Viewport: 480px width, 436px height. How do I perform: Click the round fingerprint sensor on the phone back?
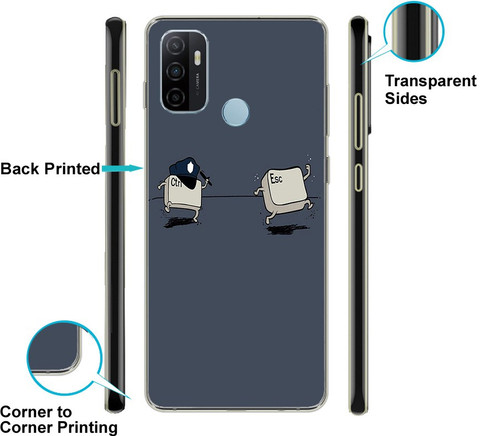[235, 112]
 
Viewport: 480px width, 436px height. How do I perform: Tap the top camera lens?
[175, 45]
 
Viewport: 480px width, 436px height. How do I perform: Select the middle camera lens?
[175, 71]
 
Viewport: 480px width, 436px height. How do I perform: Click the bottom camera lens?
[175, 97]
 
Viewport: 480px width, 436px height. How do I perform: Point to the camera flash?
[197, 57]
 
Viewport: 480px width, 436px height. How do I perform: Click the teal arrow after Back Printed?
[123, 168]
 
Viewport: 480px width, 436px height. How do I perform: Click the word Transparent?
[431, 81]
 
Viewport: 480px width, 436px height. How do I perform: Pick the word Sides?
[406, 99]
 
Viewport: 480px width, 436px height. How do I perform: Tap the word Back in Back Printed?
[20, 169]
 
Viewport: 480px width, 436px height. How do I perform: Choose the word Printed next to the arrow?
[72, 169]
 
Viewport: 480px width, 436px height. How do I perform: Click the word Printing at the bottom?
[88, 427]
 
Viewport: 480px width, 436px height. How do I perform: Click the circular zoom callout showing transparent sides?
[414, 31]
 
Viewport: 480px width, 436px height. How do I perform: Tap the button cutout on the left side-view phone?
[116, 98]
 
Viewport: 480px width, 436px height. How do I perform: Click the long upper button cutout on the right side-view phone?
[358, 122]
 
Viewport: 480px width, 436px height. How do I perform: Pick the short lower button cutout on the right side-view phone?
[358, 178]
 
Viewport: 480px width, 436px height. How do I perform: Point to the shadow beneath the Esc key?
[287, 229]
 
